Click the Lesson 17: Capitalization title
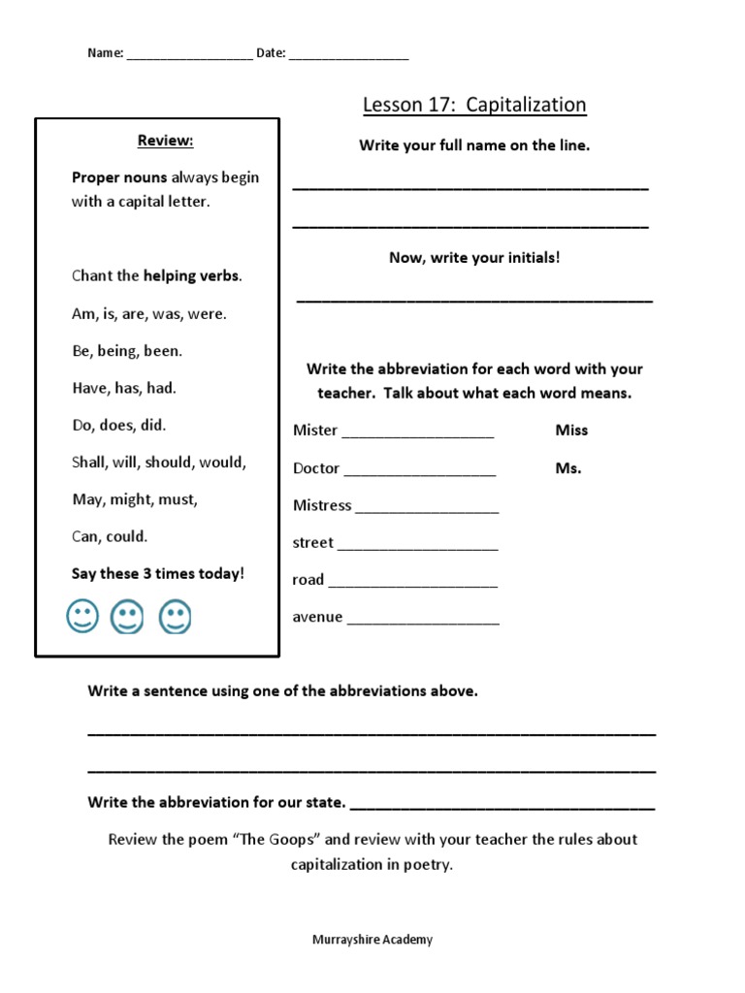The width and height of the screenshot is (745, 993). [x=474, y=105]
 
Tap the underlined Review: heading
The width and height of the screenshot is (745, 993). [x=166, y=142]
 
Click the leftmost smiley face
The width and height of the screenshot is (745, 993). [x=82, y=617]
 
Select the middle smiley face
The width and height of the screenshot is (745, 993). [x=128, y=617]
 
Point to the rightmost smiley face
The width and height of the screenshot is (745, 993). [x=175, y=617]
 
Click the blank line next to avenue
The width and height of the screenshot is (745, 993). [x=423, y=622]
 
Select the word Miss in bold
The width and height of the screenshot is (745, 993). [x=571, y=431]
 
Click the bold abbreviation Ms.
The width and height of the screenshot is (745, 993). [x=568, y=468]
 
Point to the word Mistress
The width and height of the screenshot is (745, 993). [x=322, y=505]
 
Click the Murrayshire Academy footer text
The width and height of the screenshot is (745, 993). [x=372, y=940]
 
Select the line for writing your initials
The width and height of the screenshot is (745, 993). [x=474, y=301]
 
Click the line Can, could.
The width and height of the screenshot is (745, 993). [x=110, y=536]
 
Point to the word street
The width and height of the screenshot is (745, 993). [x=312, y=543]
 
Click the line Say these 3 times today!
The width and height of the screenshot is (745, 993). [x=158, y=574]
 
